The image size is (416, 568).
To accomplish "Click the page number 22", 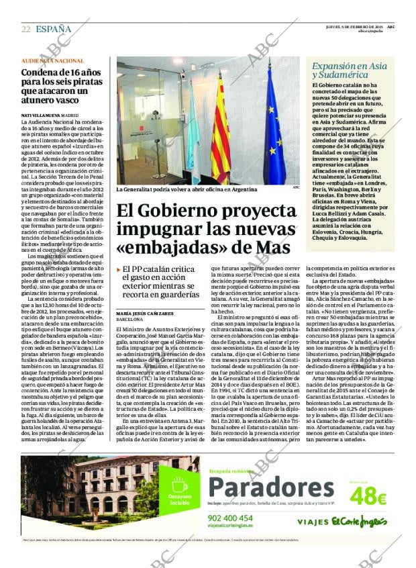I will coord(25,29).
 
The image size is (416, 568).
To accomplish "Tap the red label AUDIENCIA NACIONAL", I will coord(52,61).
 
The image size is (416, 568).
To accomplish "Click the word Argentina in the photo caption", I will coord(242,190).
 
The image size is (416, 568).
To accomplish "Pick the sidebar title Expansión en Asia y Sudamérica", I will coord(349,70).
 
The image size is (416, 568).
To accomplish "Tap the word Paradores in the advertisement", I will coord(270,488).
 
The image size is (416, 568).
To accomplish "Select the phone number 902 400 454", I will coord(230,518).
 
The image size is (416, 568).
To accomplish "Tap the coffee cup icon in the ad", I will coord(179,485).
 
